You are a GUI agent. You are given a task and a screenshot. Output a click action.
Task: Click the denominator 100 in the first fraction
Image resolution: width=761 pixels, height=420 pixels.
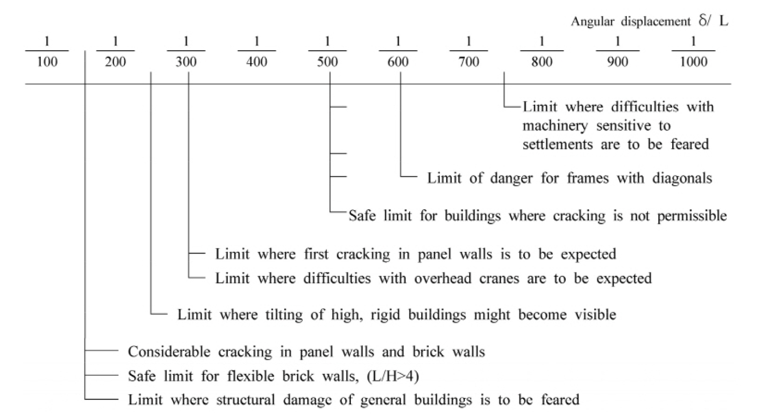[47, 62]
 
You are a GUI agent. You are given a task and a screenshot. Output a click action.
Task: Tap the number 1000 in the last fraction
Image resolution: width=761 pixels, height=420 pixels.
[693, 62]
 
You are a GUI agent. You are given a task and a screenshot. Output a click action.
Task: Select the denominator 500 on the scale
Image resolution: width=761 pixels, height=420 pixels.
[327, 62]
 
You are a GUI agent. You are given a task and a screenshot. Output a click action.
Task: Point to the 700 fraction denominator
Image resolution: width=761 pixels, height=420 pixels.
[469, 62]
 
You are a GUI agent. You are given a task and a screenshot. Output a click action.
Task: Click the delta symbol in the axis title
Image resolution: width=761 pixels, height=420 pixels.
[703, 21]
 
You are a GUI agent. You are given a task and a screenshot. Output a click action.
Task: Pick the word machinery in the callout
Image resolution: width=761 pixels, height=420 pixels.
[555, 126]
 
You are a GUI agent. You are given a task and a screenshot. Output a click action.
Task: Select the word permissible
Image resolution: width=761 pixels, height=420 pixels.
[692, 216]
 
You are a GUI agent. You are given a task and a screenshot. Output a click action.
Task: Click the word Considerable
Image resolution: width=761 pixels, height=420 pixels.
[169, 352]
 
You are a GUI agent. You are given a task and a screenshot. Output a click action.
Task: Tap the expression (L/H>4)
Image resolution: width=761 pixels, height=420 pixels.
[393, 376]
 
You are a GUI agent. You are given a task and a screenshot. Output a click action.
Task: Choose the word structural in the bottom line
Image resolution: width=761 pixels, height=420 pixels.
[245, 399]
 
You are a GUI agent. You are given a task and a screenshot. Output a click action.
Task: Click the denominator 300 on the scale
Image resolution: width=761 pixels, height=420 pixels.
[186, 62]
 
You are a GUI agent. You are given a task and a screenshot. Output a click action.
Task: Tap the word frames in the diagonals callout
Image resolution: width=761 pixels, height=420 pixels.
[588, 178]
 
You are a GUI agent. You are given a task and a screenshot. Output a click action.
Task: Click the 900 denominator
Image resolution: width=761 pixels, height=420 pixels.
[617, 62]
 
